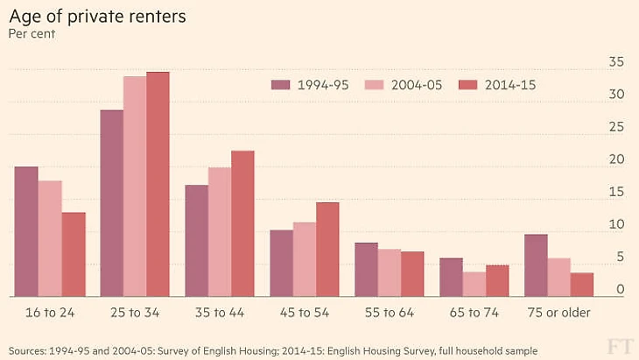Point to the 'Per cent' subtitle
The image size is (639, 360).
pyautogui.click(x=32, y=35)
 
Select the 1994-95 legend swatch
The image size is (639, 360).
pyautogui.click(x=280, y=85)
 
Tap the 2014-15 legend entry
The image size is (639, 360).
pyautogui.click(x=509, y=85)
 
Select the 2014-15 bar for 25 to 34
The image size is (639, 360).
pyautogui.click(x=158, y=184)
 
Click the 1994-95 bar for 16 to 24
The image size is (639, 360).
pyautogui.click(x=26, y=231)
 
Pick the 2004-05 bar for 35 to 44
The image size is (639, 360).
pyautogui.click(x=220, y=232)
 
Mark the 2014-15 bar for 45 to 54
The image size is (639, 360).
pyautogui.click(x=327, y=250)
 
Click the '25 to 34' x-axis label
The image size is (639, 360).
pyautogui.click(x=135, y=313)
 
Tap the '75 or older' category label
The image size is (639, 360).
pyautogui.click(x=559, y=313)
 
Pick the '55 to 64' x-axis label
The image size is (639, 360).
pyautogui.click(x=390, y=313)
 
